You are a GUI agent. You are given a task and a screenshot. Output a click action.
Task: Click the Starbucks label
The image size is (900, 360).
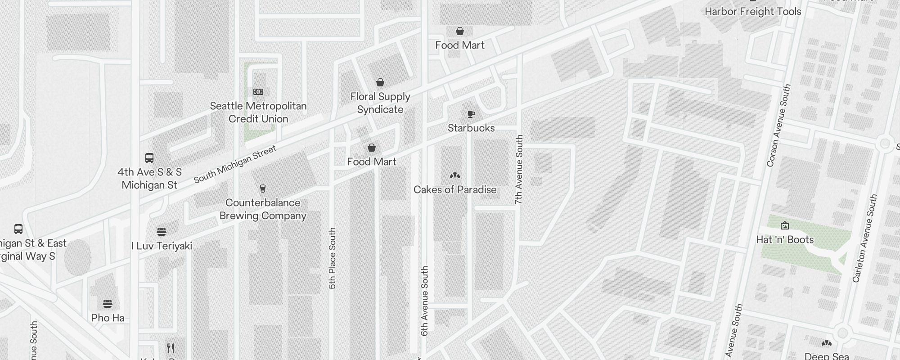point(471,128)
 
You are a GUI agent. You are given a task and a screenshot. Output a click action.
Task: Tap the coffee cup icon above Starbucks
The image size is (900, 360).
point(471,114)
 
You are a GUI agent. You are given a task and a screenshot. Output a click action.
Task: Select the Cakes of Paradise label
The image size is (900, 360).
point(455,190)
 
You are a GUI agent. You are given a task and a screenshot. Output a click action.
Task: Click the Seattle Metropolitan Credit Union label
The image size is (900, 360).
point(258,112)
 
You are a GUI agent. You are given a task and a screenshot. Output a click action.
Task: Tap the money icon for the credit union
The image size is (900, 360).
point(258,92)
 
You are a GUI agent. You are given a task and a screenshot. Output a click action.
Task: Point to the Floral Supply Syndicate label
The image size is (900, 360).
point(380,103)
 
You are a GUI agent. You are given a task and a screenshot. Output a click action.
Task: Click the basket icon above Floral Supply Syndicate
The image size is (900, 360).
point(380,82)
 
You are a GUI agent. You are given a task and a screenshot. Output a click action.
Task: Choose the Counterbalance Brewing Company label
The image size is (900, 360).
point(263,209)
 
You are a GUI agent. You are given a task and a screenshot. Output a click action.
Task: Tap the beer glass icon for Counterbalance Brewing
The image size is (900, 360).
point(263,189)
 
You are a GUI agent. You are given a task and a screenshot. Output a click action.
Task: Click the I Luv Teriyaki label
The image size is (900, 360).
point(162,246)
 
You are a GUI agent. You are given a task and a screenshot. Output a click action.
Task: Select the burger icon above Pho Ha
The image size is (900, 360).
point(108,304)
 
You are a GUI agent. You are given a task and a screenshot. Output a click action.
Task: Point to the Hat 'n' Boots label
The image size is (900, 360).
point(785,240)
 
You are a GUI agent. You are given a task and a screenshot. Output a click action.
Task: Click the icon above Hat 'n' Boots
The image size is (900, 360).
point(785,225)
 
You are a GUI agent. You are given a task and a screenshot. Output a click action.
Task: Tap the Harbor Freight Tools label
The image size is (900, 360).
point(753,12)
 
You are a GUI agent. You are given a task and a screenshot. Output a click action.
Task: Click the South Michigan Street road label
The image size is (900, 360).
point(235,165)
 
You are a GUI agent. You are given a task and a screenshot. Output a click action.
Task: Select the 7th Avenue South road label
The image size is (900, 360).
point(519,170)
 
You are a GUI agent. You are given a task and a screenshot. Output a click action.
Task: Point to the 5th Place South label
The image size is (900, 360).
point(333,258)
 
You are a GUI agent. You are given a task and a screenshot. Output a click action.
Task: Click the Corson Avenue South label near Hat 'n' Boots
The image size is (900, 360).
point(778,126)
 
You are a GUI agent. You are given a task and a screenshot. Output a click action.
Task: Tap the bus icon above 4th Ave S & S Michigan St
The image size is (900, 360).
point(149,158)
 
